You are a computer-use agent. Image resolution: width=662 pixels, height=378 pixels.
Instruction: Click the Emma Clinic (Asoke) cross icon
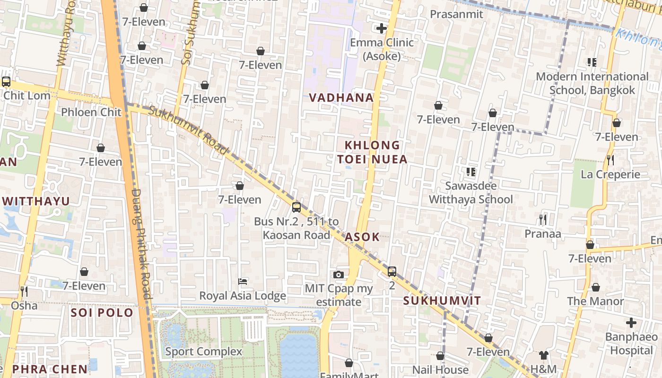[381, 28]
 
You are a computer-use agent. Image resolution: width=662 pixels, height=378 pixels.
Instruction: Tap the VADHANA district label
[341, 98]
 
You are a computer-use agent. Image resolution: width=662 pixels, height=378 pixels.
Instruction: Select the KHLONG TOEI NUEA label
[372, 152]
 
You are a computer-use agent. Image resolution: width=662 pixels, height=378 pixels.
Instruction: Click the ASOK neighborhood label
[362, 237]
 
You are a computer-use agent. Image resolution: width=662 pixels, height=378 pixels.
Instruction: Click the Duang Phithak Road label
[141, 243]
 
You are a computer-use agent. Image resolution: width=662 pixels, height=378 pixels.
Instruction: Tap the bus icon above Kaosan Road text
[296, 207]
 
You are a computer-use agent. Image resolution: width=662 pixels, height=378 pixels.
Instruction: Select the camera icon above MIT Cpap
[339, 275]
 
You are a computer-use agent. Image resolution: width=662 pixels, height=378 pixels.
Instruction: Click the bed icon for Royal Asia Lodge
[243, 282]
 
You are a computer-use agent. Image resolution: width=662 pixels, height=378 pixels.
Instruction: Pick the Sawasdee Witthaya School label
[470, 192]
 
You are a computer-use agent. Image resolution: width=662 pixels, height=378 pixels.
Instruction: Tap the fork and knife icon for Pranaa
[543, 219]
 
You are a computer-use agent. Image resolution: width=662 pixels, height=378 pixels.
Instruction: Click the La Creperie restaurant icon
[610, 160]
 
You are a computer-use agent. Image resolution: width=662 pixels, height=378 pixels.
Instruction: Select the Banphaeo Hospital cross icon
[631, 323]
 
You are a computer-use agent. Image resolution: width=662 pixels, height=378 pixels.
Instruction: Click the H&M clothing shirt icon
[543, 355]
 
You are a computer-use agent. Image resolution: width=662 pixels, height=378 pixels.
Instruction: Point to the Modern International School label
[592, 83]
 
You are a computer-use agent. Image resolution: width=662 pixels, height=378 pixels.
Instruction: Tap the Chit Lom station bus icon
[6, 81]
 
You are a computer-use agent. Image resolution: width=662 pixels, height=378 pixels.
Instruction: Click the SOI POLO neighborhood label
[102, 313]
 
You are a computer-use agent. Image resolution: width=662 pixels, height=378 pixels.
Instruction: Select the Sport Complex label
[203, 352]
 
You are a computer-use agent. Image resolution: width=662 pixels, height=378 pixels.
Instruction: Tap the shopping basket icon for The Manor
[596, 287]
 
